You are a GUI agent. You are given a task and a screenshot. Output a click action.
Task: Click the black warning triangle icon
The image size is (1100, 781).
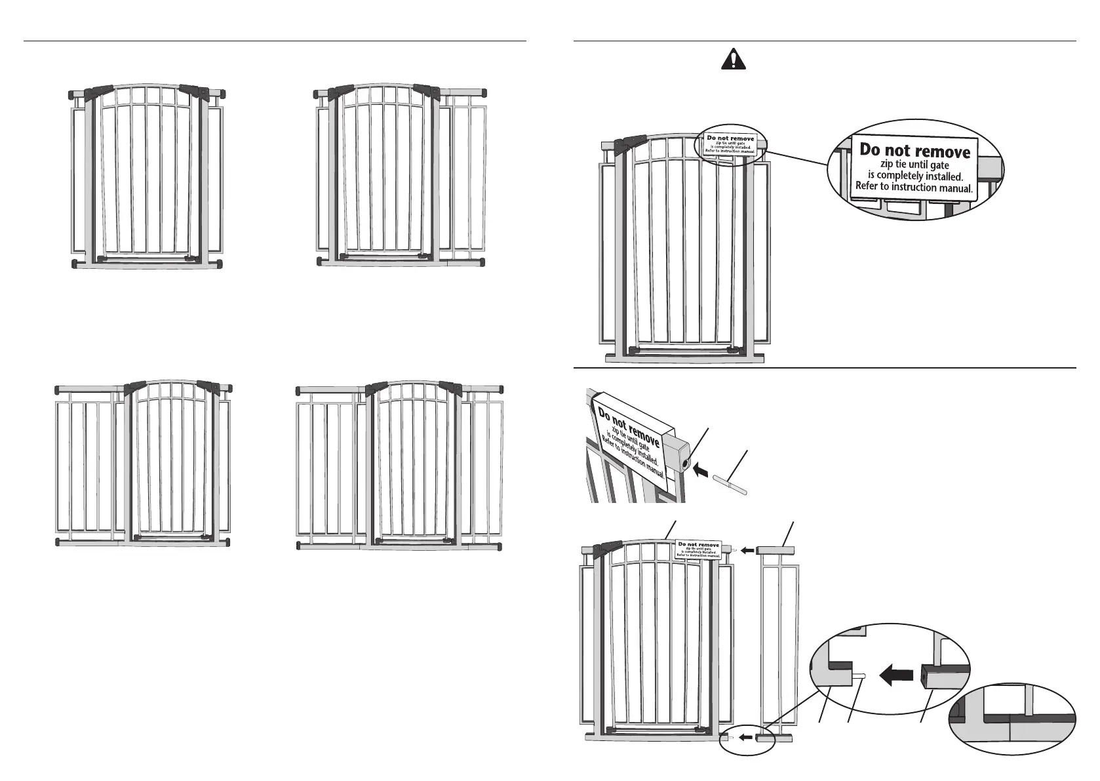coord(734,60)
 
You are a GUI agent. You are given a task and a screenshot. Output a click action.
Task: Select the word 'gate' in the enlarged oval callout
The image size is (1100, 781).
coord(939,165)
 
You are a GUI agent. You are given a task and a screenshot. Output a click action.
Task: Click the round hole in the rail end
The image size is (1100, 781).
coord(685,464)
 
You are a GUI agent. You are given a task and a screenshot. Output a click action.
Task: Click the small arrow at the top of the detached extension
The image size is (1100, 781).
coord(748,551)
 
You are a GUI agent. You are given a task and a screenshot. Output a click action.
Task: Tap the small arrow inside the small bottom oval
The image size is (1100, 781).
coord(745,737)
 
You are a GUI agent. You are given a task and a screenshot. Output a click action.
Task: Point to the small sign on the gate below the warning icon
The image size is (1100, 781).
coord(730,145)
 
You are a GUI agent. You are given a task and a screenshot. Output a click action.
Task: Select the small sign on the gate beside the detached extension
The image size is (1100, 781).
coord(699,550)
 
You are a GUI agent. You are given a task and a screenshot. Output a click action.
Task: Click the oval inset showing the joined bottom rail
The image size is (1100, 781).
coord(1013,720)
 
